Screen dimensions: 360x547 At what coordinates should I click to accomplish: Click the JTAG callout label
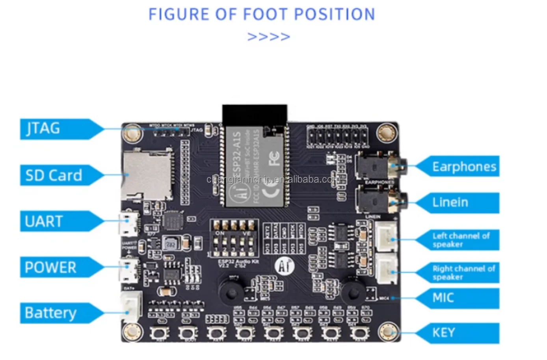click(x=43, y=129)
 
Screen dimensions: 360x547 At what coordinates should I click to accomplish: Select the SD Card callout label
click(x=54, y=175)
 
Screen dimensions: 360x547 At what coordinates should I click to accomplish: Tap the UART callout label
click(x=44, y=221)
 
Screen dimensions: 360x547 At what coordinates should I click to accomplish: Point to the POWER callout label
click(x=50, y=267)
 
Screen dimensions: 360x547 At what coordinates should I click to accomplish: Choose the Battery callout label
click(x=50, y=313)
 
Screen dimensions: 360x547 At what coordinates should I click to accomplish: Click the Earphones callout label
click(x=464, y=167)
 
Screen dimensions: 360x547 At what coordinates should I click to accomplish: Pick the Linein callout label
click(x=450, y=202)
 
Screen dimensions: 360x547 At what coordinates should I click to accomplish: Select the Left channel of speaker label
click(x=461, y=240)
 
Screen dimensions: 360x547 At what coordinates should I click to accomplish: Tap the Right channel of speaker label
click(x=463, y=273)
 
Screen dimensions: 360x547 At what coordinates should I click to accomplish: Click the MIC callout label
click(x=443, y=298)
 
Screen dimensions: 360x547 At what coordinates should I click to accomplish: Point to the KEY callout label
click(x=443, y=333)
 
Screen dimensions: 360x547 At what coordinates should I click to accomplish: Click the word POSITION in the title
click(x=335, y=15)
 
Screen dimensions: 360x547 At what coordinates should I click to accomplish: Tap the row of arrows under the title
click(x=268, y=37)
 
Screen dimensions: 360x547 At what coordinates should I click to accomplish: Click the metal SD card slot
click(x=147, y=176)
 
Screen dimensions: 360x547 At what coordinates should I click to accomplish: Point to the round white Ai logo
click(x=285, y=267)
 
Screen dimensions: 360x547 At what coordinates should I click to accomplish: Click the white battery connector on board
click(x=130, y=307)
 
